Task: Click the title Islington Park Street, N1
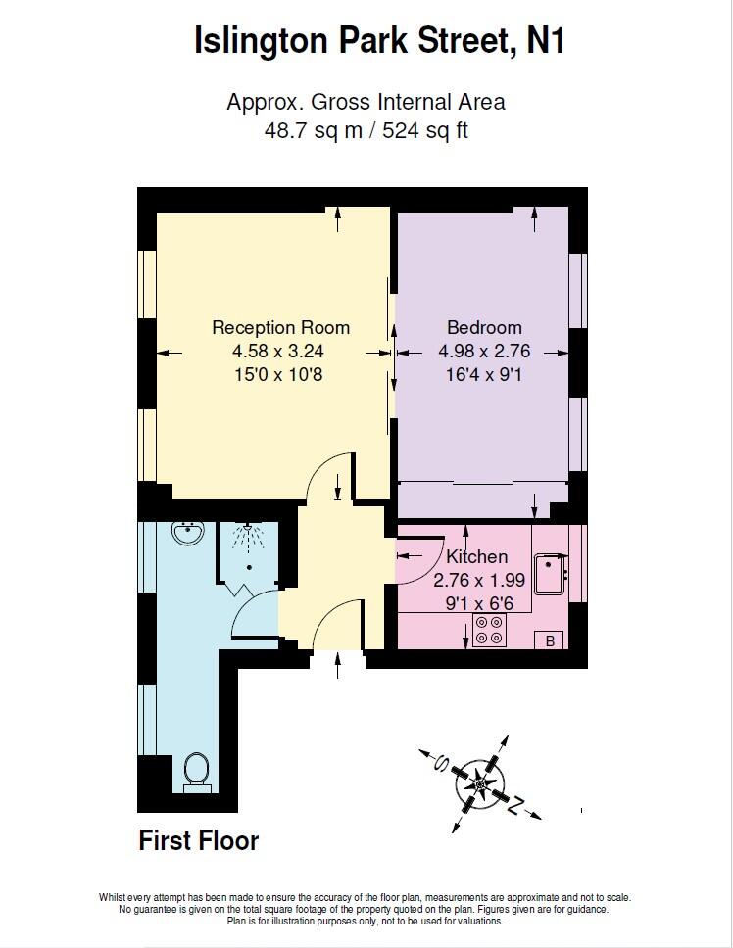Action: click(379, 40)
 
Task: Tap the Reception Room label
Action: click(280, 328)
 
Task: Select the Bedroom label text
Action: click(484, 328)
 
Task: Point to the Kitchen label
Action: click(477, 557)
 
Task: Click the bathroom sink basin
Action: click(186, 534)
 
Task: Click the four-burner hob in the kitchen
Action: click(490, 630)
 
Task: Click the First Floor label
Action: click(199, 840)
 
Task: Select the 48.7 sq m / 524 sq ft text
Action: click(366, 129)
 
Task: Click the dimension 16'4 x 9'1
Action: click(484, 373)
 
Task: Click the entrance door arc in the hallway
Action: click(337, 624)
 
